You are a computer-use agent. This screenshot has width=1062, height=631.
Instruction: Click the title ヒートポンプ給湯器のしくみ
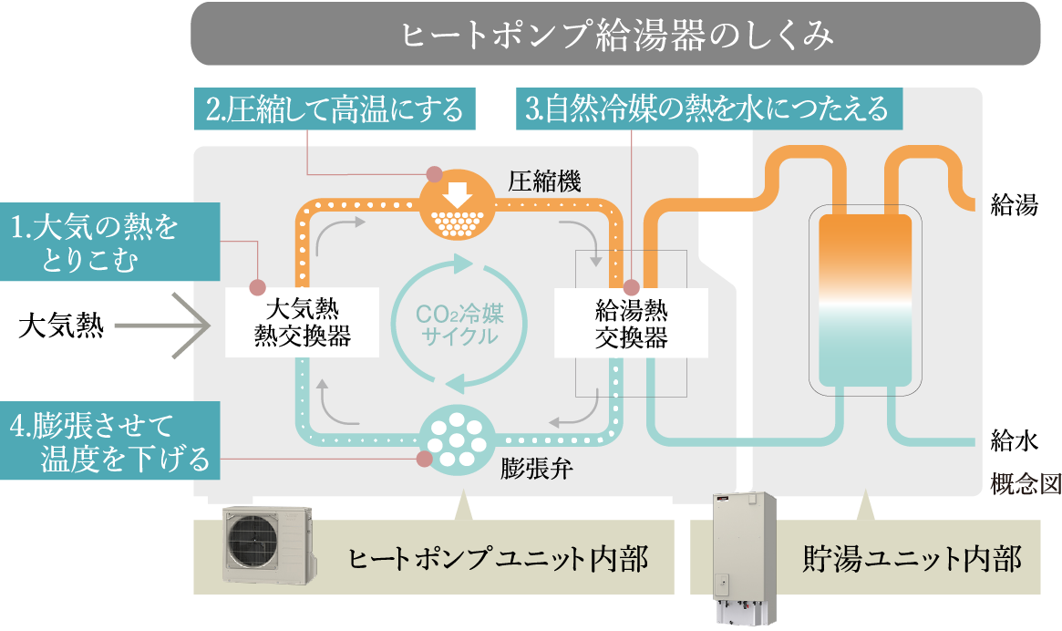point(615,35)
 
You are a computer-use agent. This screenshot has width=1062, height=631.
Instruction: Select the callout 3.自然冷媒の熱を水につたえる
point(707,109)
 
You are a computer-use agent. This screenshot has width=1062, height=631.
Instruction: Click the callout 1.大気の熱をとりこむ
point(109,242)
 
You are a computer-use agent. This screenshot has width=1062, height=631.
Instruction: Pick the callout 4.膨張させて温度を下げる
point(109,441)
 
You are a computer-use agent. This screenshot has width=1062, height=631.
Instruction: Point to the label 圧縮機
point(544,181)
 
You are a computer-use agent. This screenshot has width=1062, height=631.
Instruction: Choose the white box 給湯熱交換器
point(631,324)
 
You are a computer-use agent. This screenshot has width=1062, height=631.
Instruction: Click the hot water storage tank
point(865,301)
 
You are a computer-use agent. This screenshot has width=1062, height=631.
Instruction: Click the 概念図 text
point(1025,484)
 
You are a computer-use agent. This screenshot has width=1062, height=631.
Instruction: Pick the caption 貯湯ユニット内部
point(912,557)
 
